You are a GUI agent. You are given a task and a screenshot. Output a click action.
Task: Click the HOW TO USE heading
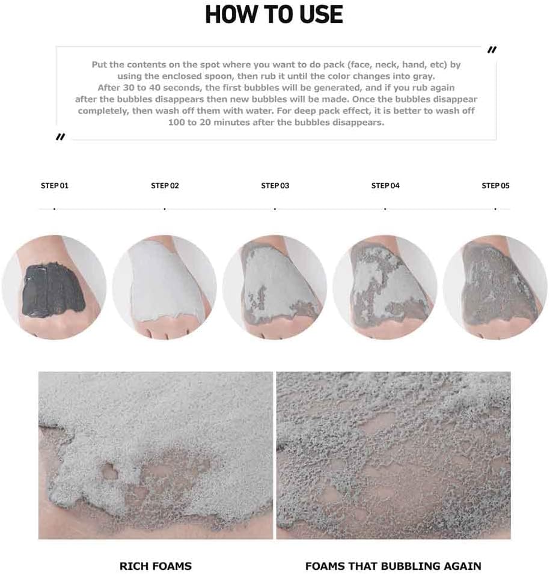274,15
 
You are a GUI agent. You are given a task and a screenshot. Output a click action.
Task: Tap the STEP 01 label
55,186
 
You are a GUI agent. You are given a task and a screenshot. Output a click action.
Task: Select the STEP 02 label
165,186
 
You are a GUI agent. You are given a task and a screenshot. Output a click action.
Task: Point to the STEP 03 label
275,186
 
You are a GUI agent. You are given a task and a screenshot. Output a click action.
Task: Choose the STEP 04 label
385,186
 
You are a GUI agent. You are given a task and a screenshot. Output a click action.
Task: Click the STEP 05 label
495,186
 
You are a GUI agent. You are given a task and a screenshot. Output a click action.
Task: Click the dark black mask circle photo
54,287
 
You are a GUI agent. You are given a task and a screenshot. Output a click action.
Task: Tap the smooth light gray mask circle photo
165,287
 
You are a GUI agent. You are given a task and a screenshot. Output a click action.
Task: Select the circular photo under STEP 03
275,287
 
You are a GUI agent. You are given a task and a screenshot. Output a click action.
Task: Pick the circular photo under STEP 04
385,287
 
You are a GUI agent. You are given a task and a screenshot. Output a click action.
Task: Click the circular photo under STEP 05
495,287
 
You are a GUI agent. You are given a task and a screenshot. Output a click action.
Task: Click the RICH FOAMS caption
156,566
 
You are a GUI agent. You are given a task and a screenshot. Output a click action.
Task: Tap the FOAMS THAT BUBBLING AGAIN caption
393,566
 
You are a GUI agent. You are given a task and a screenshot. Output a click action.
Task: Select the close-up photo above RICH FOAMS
156,455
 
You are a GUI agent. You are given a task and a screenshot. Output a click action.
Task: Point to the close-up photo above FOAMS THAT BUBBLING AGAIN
393,455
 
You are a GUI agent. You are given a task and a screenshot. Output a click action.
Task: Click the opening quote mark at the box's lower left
60,137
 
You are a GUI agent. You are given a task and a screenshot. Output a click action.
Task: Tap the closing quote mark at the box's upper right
491,50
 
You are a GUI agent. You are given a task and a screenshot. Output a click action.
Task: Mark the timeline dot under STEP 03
275,209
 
